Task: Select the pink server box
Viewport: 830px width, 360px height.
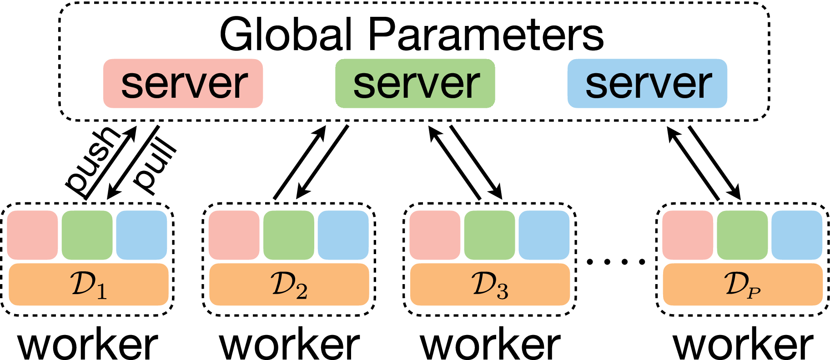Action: tap(183, 84)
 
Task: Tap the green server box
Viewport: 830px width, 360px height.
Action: tap(415, 84)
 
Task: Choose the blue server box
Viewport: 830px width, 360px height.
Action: tap(647, 84)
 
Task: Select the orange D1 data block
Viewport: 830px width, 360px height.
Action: tap(89, 285)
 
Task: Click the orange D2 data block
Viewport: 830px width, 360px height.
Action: tap(289, 285)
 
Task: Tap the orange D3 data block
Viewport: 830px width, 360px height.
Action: tap(490, 285)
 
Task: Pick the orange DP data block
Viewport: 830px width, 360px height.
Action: tap(743, 285)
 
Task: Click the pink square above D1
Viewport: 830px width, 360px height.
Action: tap(33, 235)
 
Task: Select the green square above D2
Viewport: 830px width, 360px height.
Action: tap(289, 235)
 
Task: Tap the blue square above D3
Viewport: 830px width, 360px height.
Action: tap(544, 235)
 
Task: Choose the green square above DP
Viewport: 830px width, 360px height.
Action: tap(742, 235)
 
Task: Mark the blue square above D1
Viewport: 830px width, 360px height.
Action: tap(141, 235)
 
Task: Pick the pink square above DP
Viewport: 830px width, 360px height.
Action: tap(688, 235)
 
